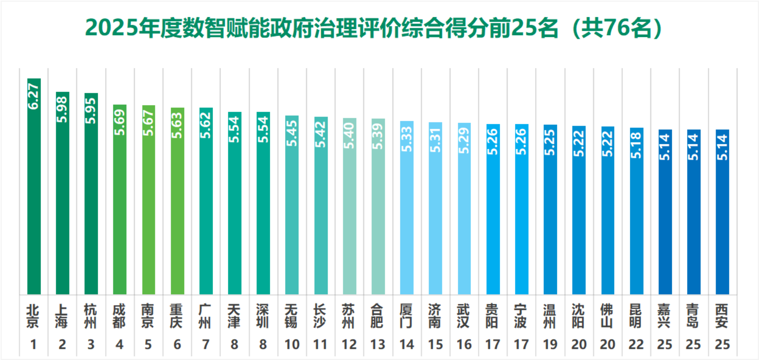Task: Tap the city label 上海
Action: (62, 316)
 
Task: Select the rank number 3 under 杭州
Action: (91, 344)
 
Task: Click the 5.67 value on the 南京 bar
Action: (149, 123)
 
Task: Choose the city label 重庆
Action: (177, 316)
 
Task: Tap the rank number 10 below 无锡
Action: (292, 344)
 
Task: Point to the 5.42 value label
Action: (321, 134)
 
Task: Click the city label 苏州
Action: (349, 316)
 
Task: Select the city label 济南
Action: (435, 316)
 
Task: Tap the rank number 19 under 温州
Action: (550, 344)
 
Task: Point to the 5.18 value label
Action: (637, 145)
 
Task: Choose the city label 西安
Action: (722, 316)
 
